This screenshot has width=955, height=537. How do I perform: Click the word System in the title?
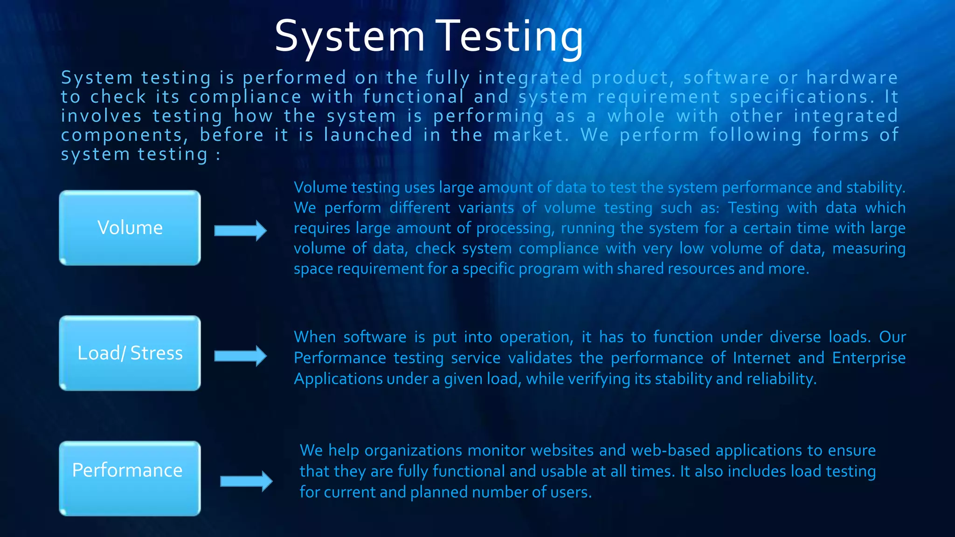[349, 36]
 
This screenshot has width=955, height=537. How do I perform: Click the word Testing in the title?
[512, 36]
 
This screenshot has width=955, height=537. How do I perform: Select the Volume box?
[130, 228]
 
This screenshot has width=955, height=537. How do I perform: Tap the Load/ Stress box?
[130, 353]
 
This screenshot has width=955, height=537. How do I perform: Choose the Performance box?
[130, 478]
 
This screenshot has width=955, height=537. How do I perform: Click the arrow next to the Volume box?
[240, 230]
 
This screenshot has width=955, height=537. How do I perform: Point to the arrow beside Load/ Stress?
[240, 356]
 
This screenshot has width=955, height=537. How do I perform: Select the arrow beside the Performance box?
[246, 481]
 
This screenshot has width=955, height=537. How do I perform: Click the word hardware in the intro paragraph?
[852, 78]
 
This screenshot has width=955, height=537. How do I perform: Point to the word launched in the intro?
[368, 135]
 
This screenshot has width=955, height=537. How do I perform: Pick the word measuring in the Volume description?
[869, 248]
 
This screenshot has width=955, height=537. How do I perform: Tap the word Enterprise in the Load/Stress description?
[869, 358]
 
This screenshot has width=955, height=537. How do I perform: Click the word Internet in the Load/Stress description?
[761, 358]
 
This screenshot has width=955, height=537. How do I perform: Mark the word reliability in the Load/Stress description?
[781, 379]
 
